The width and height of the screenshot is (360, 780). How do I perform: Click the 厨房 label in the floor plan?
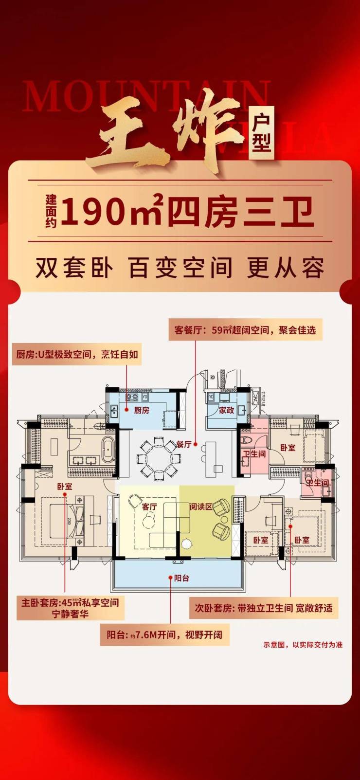pyautogui.click(x=142, y=410)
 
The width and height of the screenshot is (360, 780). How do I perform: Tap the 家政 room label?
pyautogui.click(x=226, y=410)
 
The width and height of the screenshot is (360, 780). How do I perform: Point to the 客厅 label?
pyautogui.click(x=149, y=507)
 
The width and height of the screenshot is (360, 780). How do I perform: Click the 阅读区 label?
pyautogui.click(x=200, y=507)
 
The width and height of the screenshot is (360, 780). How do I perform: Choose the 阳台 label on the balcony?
pyautogui.click(x=181, y=578)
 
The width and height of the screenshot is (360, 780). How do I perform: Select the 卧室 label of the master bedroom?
pyautogui.click(x=64, y=486)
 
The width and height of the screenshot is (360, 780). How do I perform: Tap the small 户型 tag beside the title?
pyautogui.click(x=262, y=132)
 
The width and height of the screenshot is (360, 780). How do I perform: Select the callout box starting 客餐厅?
pyautogui.click(x=245, y=330)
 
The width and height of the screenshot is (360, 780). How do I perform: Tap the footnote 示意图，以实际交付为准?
pyautogui.click(x=303, y=645)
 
